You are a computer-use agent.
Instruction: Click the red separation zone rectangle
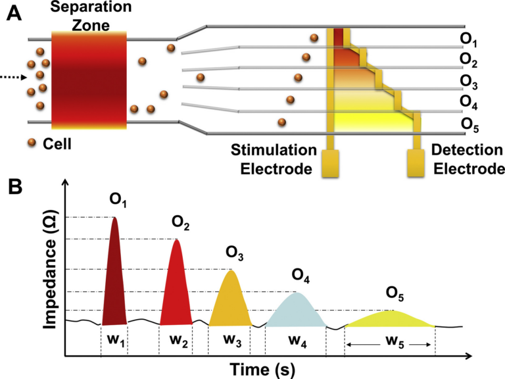pos(89,79)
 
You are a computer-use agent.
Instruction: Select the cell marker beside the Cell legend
pos(32,142)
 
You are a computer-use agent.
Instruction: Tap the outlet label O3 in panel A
pos(469,82)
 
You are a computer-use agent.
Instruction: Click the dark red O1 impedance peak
pos(114,276)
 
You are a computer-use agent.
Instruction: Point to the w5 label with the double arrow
pos(389,343)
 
